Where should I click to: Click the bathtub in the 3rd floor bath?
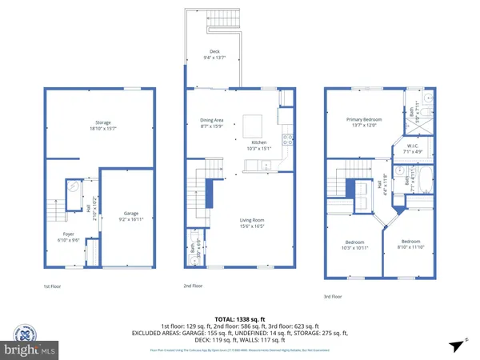click(x=424, y=182)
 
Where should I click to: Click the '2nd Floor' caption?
click(x=194, y=286)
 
